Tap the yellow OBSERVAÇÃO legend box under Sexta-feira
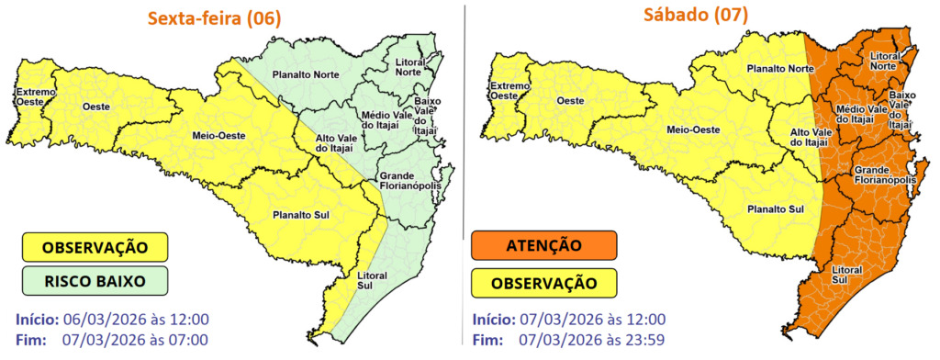tap(95, 246)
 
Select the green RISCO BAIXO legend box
tap(95, 280)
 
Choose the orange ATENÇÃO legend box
tap(542, 245)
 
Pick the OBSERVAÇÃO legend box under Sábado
tap(542, 281)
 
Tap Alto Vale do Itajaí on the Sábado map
tap(810, 137)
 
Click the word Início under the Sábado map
tap(493, 321)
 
